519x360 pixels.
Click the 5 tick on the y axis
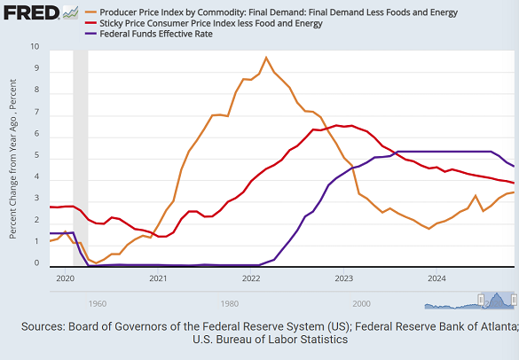[35, 156]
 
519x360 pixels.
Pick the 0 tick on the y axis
[35, 264]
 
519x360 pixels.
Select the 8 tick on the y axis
[35, 90]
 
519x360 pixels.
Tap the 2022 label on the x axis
[251, 278]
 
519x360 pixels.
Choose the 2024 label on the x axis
[436, 278]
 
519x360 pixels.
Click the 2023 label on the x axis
[344, 278]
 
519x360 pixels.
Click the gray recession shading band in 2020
[80, 160]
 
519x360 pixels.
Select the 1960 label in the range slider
[98, 302]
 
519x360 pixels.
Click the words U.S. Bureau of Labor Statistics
[270, 340]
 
